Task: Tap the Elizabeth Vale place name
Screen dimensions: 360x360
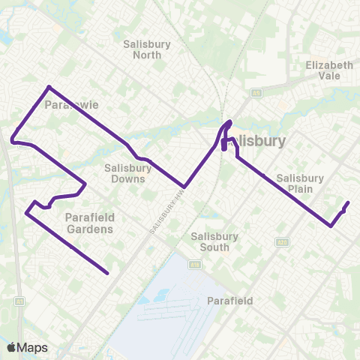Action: tap(328, 70)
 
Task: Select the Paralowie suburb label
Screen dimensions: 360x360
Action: tap(68, 105)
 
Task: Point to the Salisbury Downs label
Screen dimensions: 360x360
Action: tap(129, 173)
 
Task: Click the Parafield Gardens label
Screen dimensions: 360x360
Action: tap(90, 223)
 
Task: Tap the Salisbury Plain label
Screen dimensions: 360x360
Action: tap(300, 184)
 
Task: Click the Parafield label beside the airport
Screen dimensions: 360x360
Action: tap(229, 301)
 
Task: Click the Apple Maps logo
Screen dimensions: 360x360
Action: tap(27, 347)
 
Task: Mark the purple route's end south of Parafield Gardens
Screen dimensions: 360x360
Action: tap(109, 274)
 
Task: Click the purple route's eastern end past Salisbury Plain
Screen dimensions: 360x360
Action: tap(348, 203)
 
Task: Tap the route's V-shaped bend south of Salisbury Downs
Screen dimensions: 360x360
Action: tap(184, 187)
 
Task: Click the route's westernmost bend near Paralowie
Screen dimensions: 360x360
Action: tap(12, 139)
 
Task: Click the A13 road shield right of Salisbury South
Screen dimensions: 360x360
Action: tap(282, 241)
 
